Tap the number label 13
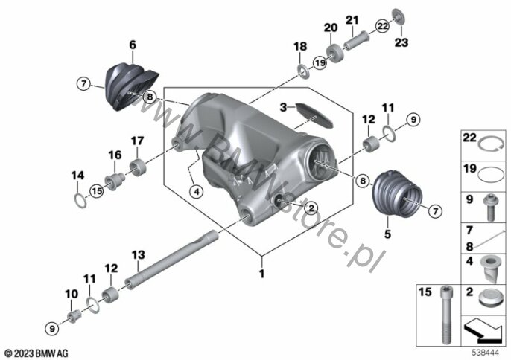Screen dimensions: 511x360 [x=139, y=255]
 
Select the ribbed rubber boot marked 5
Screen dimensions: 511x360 [x=397, y=193]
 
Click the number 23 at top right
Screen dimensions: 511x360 [x=401, y=42]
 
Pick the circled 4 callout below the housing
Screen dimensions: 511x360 [x=197, y=192]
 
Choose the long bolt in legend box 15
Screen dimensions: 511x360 [x=445, y=315]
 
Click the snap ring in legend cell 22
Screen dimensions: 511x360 [x=491, y=144]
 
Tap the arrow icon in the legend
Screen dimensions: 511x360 [x=483, y=331]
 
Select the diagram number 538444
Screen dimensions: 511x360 [x=486, y=353]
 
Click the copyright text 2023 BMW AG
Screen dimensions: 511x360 [x=36, y=353]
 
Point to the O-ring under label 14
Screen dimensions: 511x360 [x=80, y=200]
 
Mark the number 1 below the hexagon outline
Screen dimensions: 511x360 [x=261, y=274]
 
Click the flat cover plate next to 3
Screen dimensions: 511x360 [x=314, y=115]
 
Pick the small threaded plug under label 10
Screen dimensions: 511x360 [x=73, y=316]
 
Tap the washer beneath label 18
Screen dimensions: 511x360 [x=303, y=71]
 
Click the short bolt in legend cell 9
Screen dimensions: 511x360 [x=490, y=207]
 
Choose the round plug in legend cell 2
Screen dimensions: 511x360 [x=489, y=298]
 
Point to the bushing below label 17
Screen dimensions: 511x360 [x=138, y=166]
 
